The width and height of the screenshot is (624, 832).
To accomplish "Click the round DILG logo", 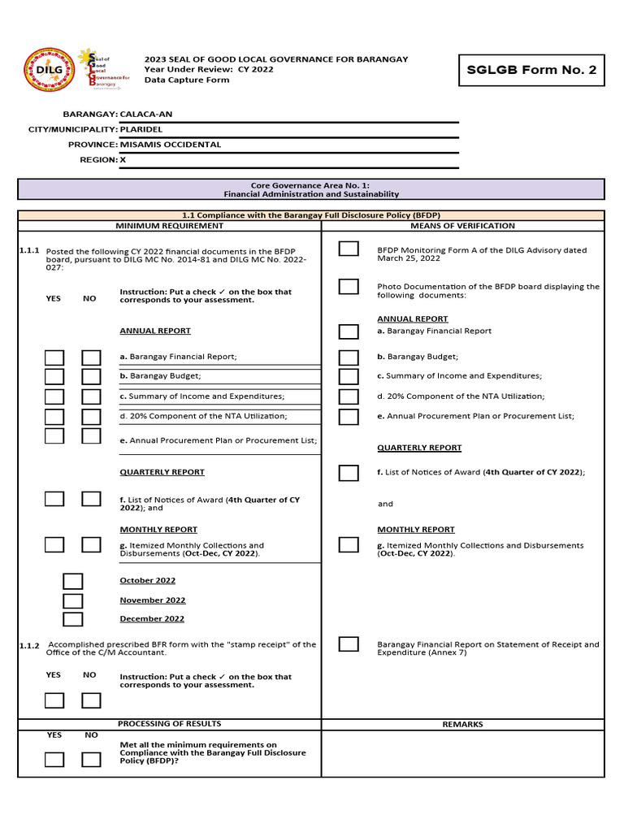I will (x=49, y=70).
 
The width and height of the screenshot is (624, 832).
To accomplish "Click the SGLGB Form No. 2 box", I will (x=531, y=70).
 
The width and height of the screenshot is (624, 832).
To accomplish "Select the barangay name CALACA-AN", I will (x=146, y=115).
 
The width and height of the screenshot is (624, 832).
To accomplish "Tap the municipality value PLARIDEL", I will (x=141, y=129).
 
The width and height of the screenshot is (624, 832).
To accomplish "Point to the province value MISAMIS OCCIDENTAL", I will (x=171, y=144).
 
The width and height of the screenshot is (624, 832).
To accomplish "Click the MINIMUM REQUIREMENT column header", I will (x=169, y=225).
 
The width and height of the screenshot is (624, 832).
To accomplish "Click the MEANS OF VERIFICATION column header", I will (x=462, y=225).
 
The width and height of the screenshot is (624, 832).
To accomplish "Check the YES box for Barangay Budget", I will (x=54, y=376).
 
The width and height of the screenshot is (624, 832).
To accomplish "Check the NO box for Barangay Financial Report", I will (x=91, y=357).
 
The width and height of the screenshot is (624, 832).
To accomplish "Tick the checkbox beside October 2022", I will (x=73, y=581).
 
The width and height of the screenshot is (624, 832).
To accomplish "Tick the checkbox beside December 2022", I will (x=73, y=619).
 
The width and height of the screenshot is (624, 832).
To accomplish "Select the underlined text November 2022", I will (x=153, y=600).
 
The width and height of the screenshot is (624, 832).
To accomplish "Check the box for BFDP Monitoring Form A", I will (x=349, y=249).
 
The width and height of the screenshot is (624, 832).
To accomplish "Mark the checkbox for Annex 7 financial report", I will (x=349, y=644).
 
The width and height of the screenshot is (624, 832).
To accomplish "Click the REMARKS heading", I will (x=462, y=724).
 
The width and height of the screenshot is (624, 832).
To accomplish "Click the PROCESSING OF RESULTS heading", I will (x=169, y=723).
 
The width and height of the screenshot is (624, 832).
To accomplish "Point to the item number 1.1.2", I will (x=29, y=646).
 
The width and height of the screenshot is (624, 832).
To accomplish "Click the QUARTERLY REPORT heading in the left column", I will (x=162, y=472).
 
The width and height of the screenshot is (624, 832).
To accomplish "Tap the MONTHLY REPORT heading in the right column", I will (x=415, y=530).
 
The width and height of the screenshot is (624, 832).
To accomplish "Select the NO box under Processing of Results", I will (x=91, y=760).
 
